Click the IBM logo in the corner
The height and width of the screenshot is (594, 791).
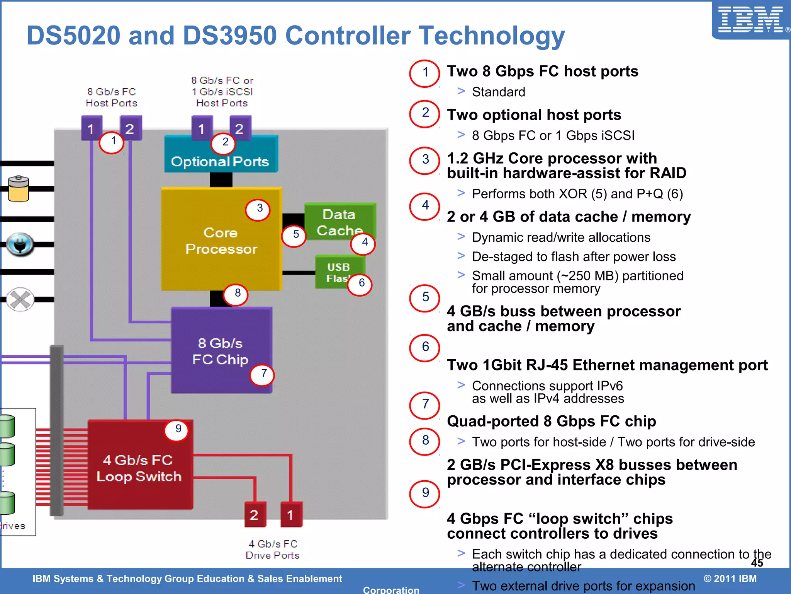tap(750, 20)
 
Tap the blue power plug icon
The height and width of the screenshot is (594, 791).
tap(20, 244)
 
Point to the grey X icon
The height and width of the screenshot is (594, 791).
tap(20, 299)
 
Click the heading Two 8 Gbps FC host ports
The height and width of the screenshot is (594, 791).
tap(542, 72)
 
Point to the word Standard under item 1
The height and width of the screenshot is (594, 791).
tap(498, 92)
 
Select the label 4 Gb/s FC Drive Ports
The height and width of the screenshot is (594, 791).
tap(272, 550)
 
